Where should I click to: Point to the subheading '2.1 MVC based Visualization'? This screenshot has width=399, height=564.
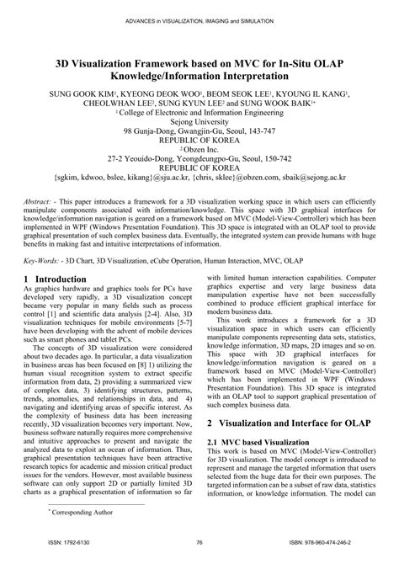coord(261,440)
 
